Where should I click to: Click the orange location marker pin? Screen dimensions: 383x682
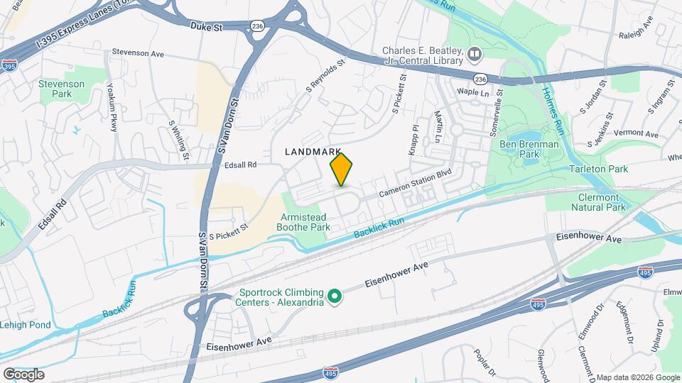tap(342, 170)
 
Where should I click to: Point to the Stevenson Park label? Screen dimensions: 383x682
tap(62, 89)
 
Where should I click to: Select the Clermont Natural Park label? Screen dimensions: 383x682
tap(599, 202)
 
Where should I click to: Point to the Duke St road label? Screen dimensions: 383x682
tap(207, 26)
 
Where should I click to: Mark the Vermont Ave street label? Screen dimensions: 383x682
tap(636, 133)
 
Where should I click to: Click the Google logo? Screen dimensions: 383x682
tap(23, 374)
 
